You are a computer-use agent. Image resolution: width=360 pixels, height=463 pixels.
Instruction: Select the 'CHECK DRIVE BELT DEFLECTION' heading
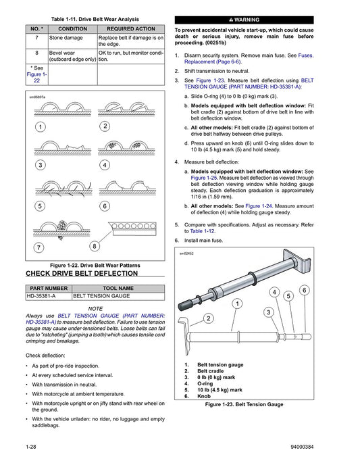pos(82,274)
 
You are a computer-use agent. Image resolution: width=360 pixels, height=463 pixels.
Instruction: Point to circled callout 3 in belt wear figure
pos(41,165)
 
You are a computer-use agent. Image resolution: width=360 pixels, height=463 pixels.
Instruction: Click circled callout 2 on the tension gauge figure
pos(209,318)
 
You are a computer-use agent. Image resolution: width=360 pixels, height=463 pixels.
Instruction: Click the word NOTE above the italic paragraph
pos(95,308)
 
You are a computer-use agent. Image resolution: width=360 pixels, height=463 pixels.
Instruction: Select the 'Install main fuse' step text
pos(205,241)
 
